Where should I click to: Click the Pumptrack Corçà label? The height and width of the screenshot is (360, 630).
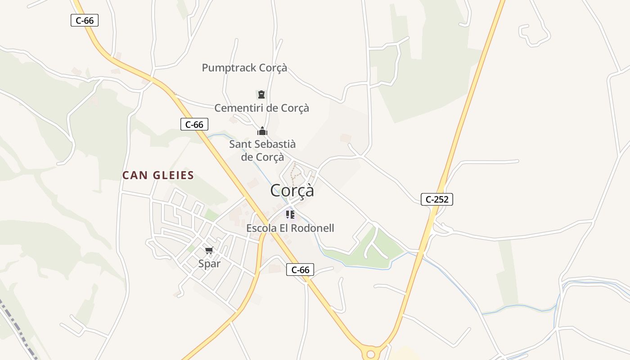point(244,68)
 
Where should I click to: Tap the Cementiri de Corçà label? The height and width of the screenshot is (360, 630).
point(261,108)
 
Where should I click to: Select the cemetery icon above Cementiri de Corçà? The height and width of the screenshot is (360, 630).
point(261,95)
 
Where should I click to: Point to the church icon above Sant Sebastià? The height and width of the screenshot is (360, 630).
point(262,131)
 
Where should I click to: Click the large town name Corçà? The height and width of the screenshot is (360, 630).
point(292,190)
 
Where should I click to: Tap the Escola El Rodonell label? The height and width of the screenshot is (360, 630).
point(290,228)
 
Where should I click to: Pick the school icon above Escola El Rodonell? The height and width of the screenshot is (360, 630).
point(290,215)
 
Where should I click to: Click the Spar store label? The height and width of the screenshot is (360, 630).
point(209,264)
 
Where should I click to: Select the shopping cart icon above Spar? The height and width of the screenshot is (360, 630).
point(209,250)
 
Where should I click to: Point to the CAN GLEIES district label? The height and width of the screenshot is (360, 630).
point(158,175)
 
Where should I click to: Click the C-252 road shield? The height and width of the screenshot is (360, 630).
point(436,199)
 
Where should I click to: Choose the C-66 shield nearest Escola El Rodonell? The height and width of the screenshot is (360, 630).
point(300,270)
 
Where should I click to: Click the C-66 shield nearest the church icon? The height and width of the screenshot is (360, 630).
point(194,125)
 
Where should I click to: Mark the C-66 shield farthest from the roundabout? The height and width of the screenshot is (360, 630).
point(85,20)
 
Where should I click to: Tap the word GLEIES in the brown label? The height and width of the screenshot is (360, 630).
point(173,175)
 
